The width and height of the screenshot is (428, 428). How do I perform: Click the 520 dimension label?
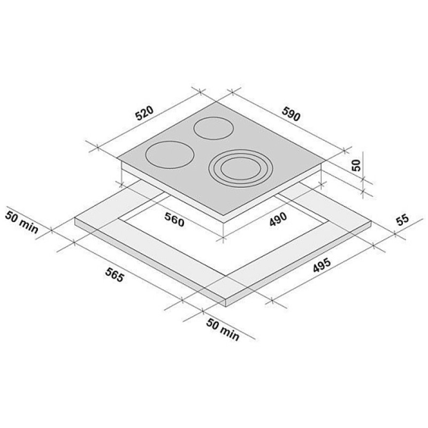pos(144,113)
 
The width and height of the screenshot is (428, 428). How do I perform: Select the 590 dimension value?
pos(291,114)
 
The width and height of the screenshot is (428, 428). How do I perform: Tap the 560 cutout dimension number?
pos(174,219)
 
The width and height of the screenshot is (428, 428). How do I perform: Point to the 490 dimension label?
pos(278,219)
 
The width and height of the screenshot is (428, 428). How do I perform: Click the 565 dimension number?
pos(114,275)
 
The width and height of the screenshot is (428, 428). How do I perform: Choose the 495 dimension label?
pos(322,265)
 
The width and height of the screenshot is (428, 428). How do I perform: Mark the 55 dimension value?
pos(403,220)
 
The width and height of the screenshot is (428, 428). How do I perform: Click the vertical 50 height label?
pos(356,165)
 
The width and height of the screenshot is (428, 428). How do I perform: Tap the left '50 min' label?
pos(22,222)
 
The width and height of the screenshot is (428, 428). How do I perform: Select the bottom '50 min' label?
pos(223,330)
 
